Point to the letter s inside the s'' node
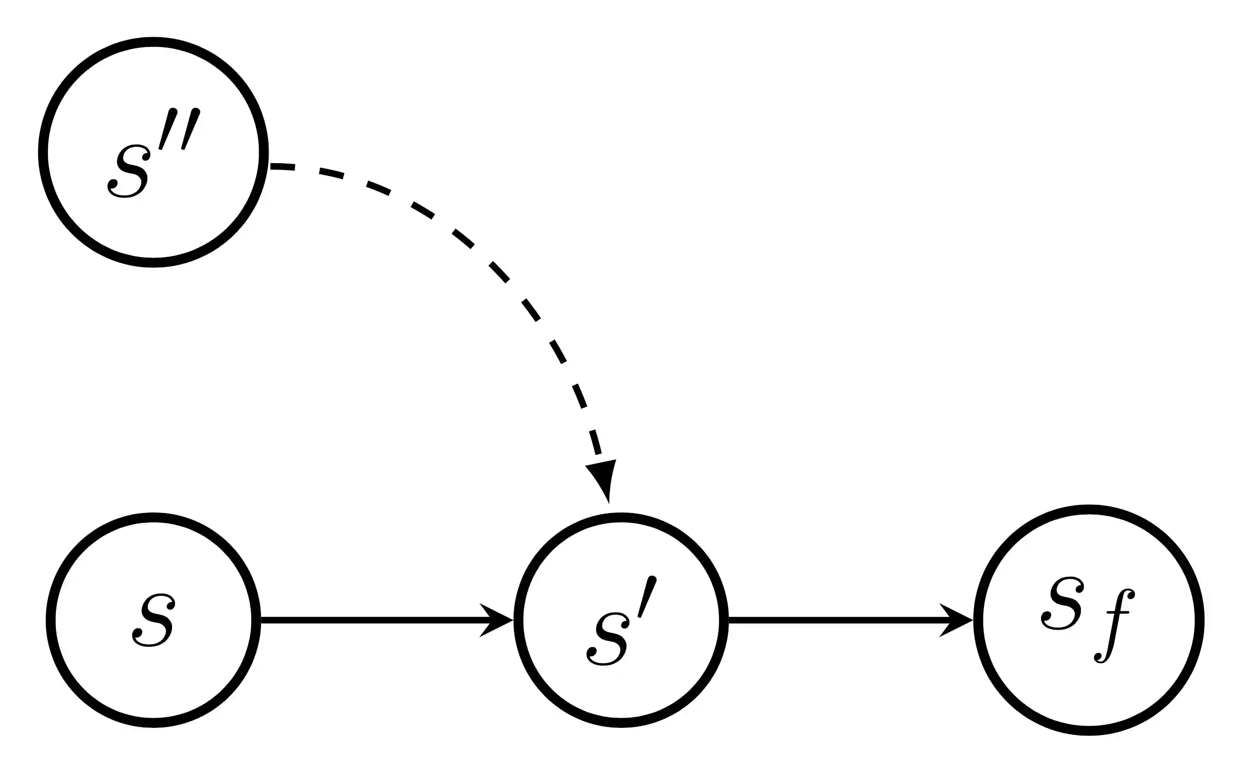129,171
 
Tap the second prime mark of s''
191,129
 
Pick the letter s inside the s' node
606,639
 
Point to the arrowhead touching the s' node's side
495,620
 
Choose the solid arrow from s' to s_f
834,620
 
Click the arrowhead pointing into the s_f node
955,620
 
